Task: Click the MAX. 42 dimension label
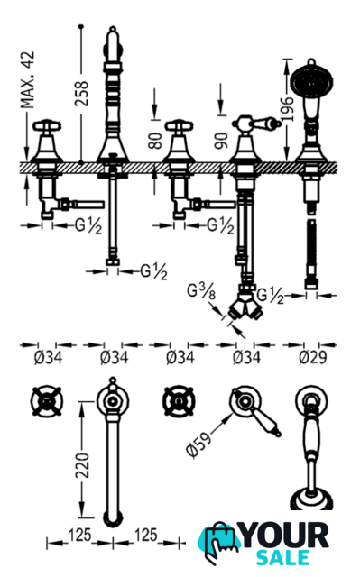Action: pyautogui.click(x=27, y=80)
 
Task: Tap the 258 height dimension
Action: pyautogui.click(x=82, y=94)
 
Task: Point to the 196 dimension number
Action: pyautogui.click(x=286, y=109)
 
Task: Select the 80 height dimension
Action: pyautogui.click(x=155, y=141)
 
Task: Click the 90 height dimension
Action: pyautogui.click(x=222, y=141)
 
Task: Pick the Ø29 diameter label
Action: pyautogui.click(x=312, y=357)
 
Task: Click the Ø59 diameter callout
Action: pyautogui.click(x=199, y=444)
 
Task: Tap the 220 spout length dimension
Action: pyautogui.click(x=82, y=466)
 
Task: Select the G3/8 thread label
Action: pyautogui.click(x=201, y=292)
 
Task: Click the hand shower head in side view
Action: pyautogui.click(x=312, y=79)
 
